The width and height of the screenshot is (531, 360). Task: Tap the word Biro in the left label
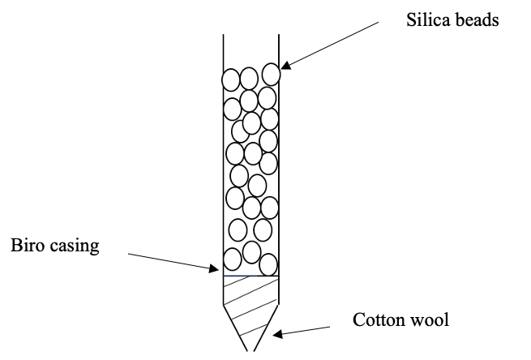click(x=25, y=246)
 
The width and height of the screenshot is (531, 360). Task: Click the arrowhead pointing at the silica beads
click(x=285, y=66)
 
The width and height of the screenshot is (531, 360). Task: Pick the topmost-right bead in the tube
click(x=271, y=74)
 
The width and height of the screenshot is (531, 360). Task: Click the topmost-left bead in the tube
click(x=231, y=79)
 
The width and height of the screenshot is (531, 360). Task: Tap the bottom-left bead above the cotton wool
click(x=233, y=259)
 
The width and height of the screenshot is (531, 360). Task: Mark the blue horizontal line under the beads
click(x=251, y=276)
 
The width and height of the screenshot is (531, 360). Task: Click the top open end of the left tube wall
click(x=223, y=35)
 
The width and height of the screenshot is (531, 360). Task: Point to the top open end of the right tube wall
click(x=278, y=35)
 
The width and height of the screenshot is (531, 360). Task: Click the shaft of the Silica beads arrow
click(x=332, y=43)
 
